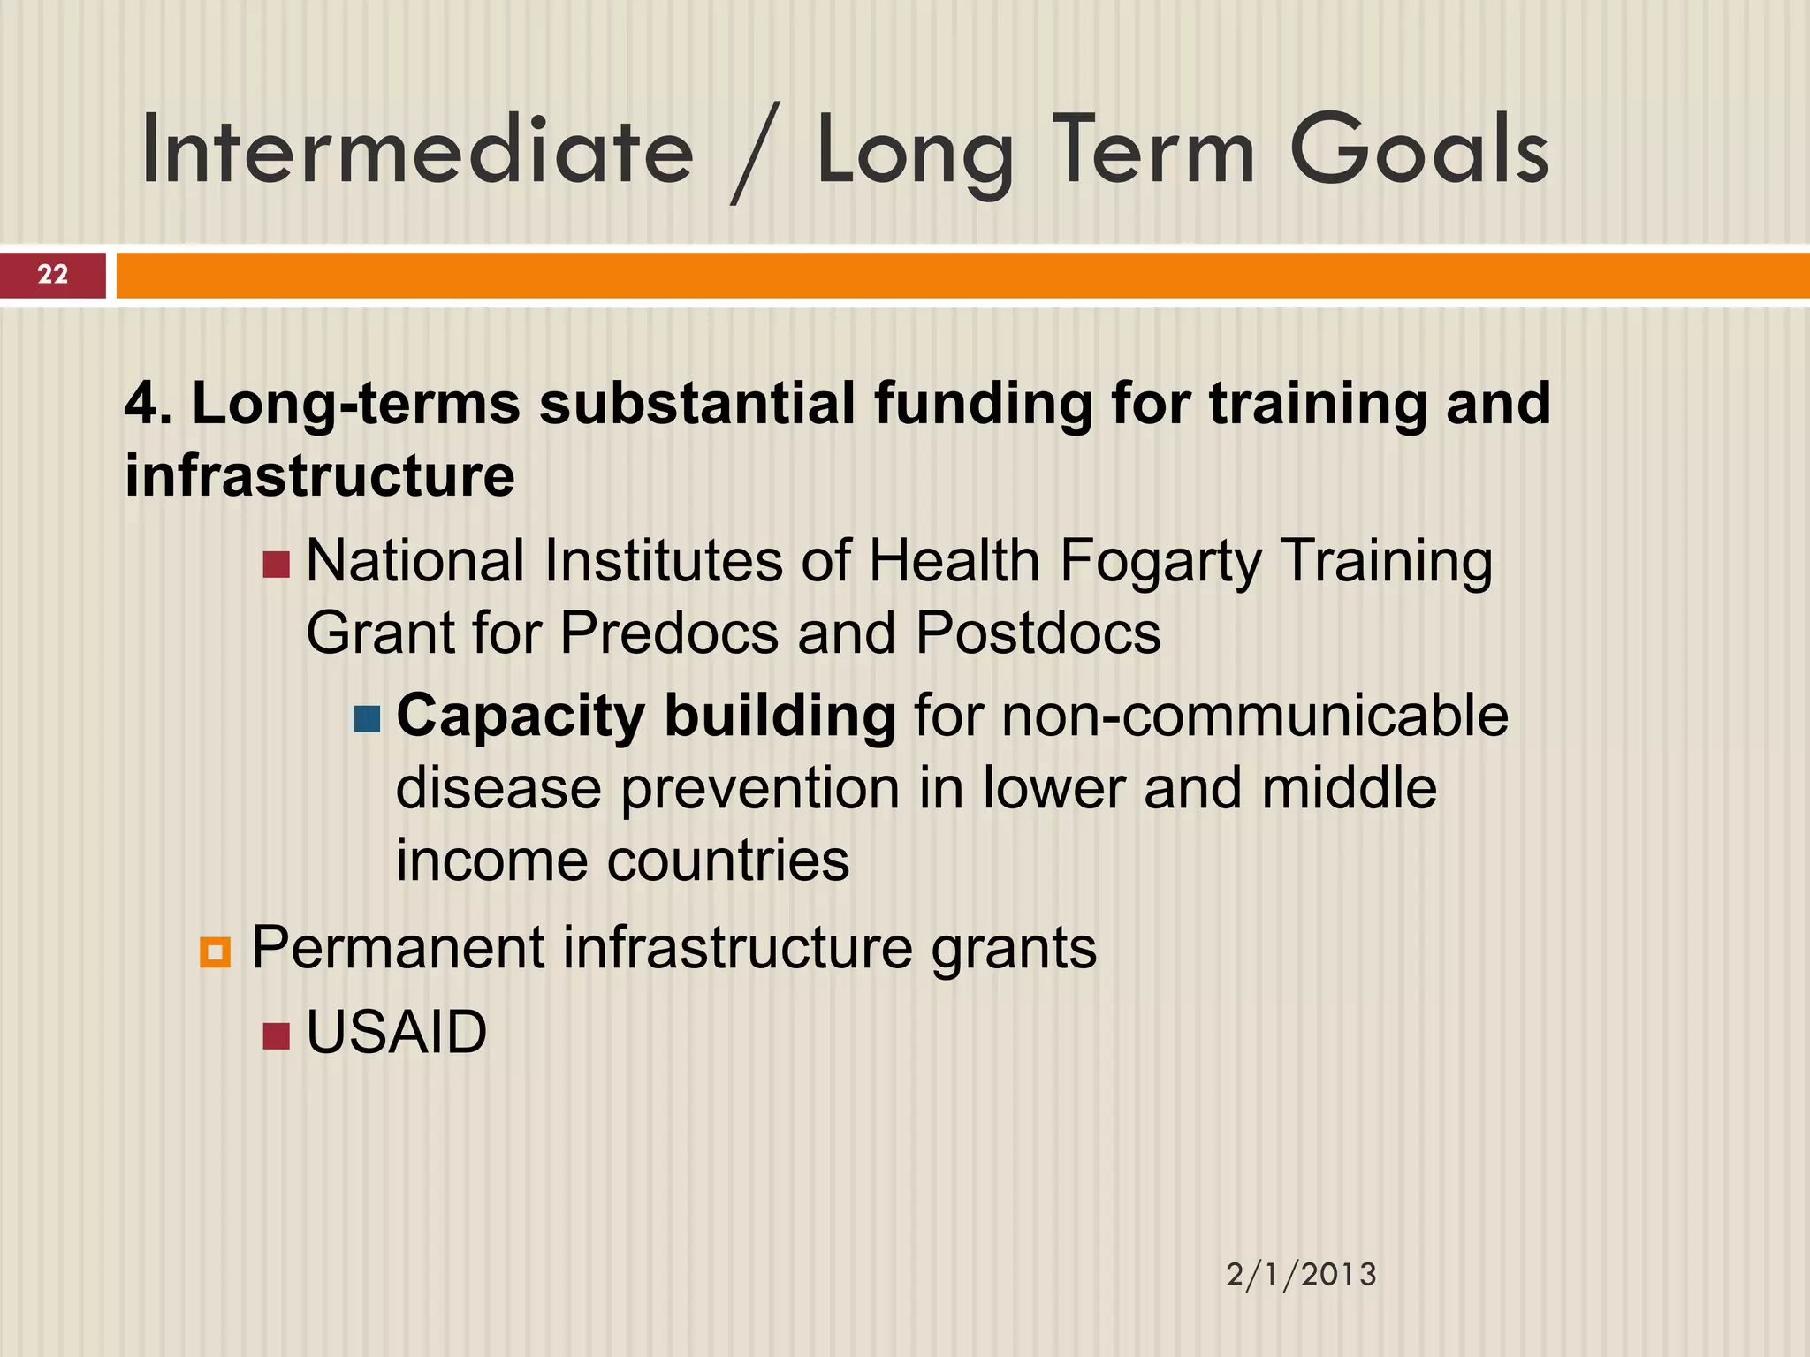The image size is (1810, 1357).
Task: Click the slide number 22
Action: click(x=53, y=275)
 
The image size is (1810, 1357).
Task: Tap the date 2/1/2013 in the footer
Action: click(x=1301, y=1275)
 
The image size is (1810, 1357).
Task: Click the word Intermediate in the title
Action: click(x=417, y=150)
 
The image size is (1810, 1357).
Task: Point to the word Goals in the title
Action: click(x=1418, y=150)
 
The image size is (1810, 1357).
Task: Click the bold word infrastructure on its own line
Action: click(x=319, y=475)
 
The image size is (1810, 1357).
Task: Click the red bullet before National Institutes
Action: click(x=277, y=565)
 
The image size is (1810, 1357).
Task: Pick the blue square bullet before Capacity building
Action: click(x=366, y=718)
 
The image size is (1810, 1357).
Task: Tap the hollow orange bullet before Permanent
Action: click(x=215, y=952)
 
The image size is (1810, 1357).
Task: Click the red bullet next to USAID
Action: click(x=277, y=1035)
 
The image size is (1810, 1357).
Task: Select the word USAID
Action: click(x=396, y=1032)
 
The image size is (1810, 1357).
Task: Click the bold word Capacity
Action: click(x=520, y=716)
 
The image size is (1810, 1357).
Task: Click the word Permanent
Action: click(x=398, y=948)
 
